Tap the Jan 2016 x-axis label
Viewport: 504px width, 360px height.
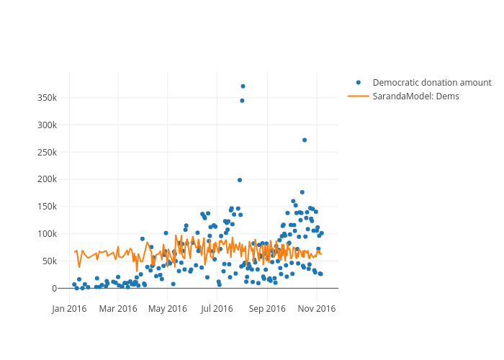point(69,309)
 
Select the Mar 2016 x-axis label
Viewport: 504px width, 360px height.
point(118,309)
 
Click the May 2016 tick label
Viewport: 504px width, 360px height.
point(168,309)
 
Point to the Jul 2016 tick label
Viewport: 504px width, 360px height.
point(217,309)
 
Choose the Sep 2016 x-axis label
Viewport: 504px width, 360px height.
point(268,309)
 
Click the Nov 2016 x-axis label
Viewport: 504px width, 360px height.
point(318,309)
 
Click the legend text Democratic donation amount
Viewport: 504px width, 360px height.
point(432,83)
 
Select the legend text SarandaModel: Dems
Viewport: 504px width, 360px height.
point(415,96)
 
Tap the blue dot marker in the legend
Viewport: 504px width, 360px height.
point(359,83)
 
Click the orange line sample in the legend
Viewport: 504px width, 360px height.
point(359,96)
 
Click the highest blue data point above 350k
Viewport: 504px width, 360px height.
point(243,86)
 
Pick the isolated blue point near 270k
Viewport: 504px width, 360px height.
point(305,140)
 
